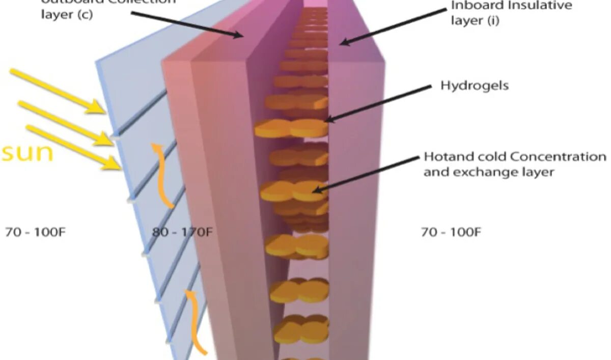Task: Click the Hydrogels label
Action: [474, 86]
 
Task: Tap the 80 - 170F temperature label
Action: [182, 232]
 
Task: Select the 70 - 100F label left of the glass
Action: [36, 232]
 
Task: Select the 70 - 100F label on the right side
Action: [451, 232]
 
